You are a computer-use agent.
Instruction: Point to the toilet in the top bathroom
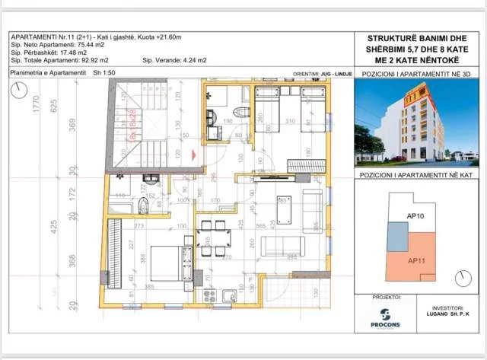(x=241, y=113)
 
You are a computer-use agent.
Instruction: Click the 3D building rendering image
(x=416, y=124)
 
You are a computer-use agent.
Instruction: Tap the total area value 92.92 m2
(x=99, y=59)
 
